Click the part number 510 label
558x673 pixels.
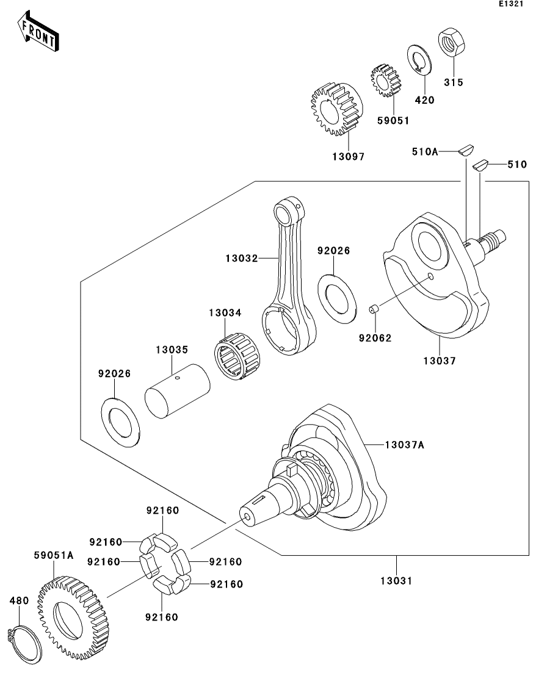pyautogui.click(x=516, y=164)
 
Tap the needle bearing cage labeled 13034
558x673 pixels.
pyautogui.click(x=237, y=356)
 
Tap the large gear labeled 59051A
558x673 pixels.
pyautogui.click(x=70, y=613)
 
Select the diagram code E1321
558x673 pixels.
pyautogui.click(x=511, y=4)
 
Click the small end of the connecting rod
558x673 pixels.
pyautogui.click(x=286, y=214)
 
